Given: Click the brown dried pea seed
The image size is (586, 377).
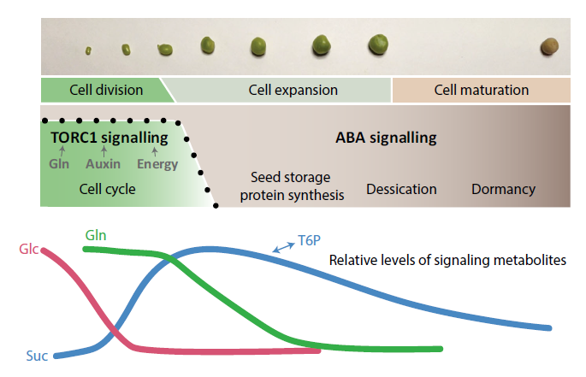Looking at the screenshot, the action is click(x=549, y=46).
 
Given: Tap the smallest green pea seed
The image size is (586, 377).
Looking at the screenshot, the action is click(x=88, y=50).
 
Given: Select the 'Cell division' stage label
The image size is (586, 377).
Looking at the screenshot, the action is click(x=106, y=90).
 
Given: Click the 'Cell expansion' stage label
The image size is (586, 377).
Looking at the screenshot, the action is click(x=293, y=90).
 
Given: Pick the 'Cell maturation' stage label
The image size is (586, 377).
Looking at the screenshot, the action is click(x=482, y=90).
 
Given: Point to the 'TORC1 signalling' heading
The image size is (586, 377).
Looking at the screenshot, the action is click(x=110, y=138).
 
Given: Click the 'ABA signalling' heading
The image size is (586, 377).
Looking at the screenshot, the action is click(x=386, y=138).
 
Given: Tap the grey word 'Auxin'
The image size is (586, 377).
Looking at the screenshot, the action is click(x=104, y=164).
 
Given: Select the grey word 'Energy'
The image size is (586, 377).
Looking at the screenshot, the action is click(x=157, y=164).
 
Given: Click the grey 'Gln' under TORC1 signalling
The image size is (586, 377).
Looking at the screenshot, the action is click(x=59, y=164).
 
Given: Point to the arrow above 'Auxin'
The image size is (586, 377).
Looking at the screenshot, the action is click(x=104, y=151).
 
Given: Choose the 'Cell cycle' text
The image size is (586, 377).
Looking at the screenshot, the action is click(x=107, y=189).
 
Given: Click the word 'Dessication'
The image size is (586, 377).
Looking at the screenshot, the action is click(x=401, y=189).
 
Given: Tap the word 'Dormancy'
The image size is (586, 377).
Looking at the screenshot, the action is click(x=503, y=190).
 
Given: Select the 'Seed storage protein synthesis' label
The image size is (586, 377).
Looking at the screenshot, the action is click(x=292, y=186).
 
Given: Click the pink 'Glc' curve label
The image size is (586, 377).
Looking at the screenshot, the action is click(x=29, y=249).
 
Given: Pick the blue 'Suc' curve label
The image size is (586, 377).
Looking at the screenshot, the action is click(x=37, y=356).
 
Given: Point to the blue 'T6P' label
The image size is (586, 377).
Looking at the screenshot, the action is click(x=309, y=240).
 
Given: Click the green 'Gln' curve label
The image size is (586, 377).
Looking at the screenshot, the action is click(x=96, y=235).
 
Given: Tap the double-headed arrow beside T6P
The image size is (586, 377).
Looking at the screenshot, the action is click(x=284, y=247).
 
